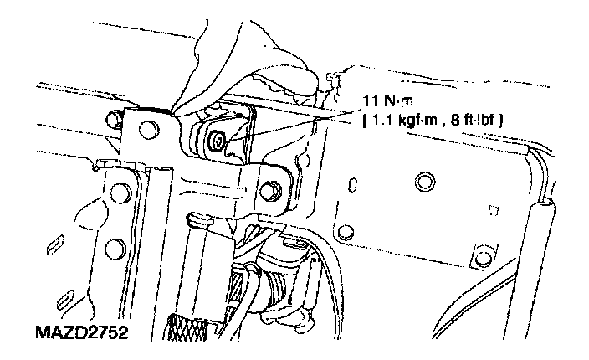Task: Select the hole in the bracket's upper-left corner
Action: (148, 129)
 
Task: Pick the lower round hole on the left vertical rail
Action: (115, 247)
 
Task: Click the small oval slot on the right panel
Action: (352, 183)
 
